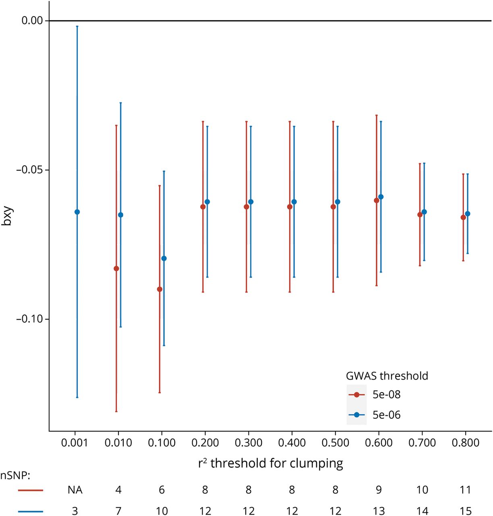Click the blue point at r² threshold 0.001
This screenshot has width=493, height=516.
point(77,212)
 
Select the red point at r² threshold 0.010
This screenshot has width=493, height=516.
point(116,268)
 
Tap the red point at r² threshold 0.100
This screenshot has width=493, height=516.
point(159,289)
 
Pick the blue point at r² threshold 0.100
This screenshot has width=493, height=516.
point(164,258)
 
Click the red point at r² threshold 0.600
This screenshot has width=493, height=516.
point(377,200)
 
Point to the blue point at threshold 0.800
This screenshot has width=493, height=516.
point(468,214)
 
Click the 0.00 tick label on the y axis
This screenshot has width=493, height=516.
point(32,20)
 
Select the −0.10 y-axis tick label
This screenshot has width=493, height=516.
point(29,319)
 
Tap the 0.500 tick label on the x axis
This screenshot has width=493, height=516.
point(336,443)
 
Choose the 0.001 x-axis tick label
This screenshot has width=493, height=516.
point(75,443)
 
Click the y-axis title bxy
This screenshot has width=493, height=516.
point(7,216)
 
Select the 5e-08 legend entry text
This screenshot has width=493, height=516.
point(386,394)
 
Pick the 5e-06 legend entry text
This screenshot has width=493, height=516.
point(386,415)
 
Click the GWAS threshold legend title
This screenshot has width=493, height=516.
point(387,376)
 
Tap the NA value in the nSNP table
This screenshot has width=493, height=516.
point(75,490)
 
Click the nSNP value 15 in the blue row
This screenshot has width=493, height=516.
point(466,511)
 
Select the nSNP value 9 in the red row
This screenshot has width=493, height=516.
point(379,490)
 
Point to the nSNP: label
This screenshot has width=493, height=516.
point(15,476)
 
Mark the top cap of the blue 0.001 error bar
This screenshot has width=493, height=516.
point(77,26)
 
